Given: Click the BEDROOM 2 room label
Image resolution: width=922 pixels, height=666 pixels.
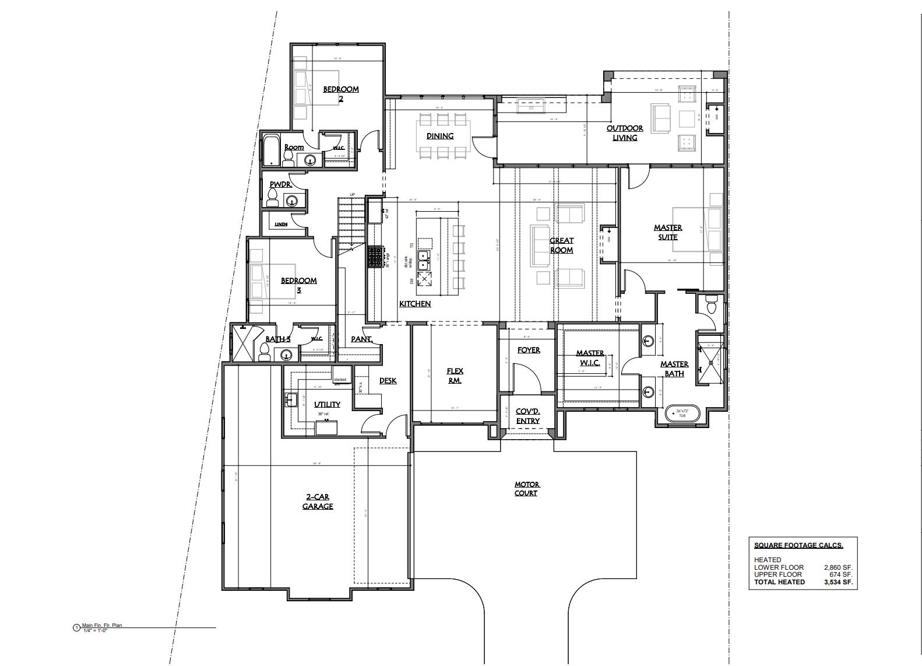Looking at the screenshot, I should point(341,94).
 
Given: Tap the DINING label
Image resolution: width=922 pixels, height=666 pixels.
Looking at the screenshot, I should point(440,136).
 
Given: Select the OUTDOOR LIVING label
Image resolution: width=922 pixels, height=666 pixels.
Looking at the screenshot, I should point(625,133).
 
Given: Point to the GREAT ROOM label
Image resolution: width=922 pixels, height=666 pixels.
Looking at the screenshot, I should point(562,245).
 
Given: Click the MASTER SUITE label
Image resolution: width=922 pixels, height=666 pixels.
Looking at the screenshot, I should point(668,232).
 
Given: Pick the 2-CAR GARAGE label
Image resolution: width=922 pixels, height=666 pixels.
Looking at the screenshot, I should point(318,502).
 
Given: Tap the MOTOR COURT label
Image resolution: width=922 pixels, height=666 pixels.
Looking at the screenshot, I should point(527,489).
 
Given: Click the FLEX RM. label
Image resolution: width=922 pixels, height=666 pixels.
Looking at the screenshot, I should point(455,376).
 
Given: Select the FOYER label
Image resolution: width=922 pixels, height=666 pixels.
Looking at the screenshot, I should point(529,350).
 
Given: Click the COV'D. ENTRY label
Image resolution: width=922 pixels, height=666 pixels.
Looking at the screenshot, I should point(527,416).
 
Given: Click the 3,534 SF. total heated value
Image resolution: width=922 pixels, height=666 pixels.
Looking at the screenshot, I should point(839,582).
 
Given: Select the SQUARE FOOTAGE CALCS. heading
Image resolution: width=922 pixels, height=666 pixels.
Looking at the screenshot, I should point(798,545).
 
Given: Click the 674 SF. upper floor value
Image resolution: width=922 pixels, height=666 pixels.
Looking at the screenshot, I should point(841,574).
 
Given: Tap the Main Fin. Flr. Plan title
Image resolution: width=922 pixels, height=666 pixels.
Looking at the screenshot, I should point(102,625).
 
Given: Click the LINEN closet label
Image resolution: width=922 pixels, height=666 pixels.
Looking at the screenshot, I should point(281,224).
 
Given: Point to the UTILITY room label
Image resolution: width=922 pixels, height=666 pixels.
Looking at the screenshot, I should point(327,404).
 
